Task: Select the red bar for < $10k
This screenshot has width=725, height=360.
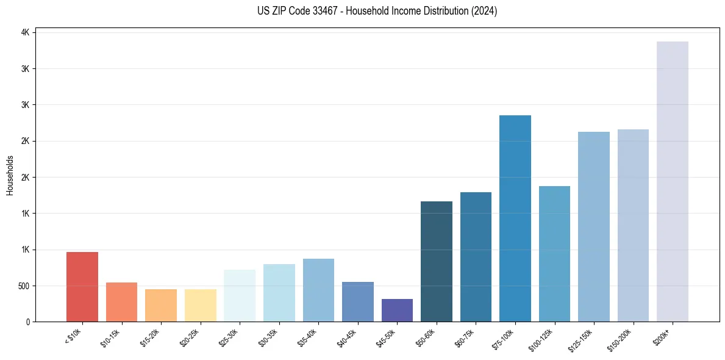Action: [x=82, y=287]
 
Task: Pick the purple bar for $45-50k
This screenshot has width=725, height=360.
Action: [x=397, y=310]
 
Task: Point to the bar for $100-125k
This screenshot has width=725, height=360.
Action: [x=554, y=254]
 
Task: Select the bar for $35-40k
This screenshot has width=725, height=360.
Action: [x=318, y=290]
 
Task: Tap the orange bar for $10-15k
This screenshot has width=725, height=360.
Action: [x=121, y=302]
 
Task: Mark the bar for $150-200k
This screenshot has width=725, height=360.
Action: [x=633, y=225]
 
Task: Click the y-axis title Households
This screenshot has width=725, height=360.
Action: [x=10, y=175]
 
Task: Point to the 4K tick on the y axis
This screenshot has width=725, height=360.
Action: [x=26, y=32]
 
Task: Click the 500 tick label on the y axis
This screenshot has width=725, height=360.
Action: [x=23, y=286]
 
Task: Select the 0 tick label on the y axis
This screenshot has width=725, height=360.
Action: [x=28, y=322]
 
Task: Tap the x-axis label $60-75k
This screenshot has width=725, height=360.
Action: [x=465, y=337]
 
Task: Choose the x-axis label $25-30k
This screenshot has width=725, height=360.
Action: [x=229, y=337]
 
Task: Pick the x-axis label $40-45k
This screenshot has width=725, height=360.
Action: [x=347, y=337]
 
